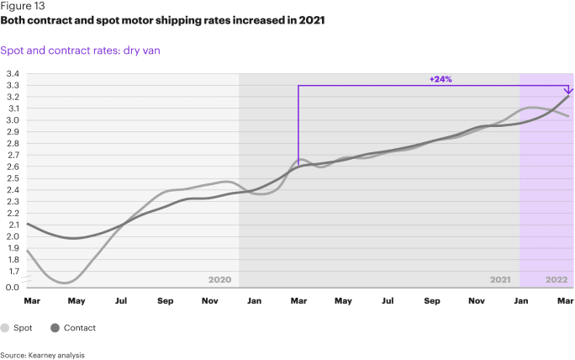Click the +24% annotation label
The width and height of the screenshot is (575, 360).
tap(440, 79)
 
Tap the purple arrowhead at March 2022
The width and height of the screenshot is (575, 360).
tap(569, 90)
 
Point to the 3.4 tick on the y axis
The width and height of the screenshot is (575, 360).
tap(13, 74)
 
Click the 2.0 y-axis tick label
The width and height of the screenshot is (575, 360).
tap(13, 236)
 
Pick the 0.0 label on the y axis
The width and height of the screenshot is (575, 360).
tap(13, 288)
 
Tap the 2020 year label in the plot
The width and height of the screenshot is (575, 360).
tap(219, 279)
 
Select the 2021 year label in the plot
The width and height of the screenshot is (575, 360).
tap(500, 279)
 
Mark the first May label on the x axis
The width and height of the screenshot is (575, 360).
tap(76, 300)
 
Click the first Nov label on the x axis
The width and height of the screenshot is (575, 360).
tap(210, 300)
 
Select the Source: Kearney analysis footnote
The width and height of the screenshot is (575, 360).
tap(42, 355)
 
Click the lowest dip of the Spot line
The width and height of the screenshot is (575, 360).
tap(65, 283)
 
